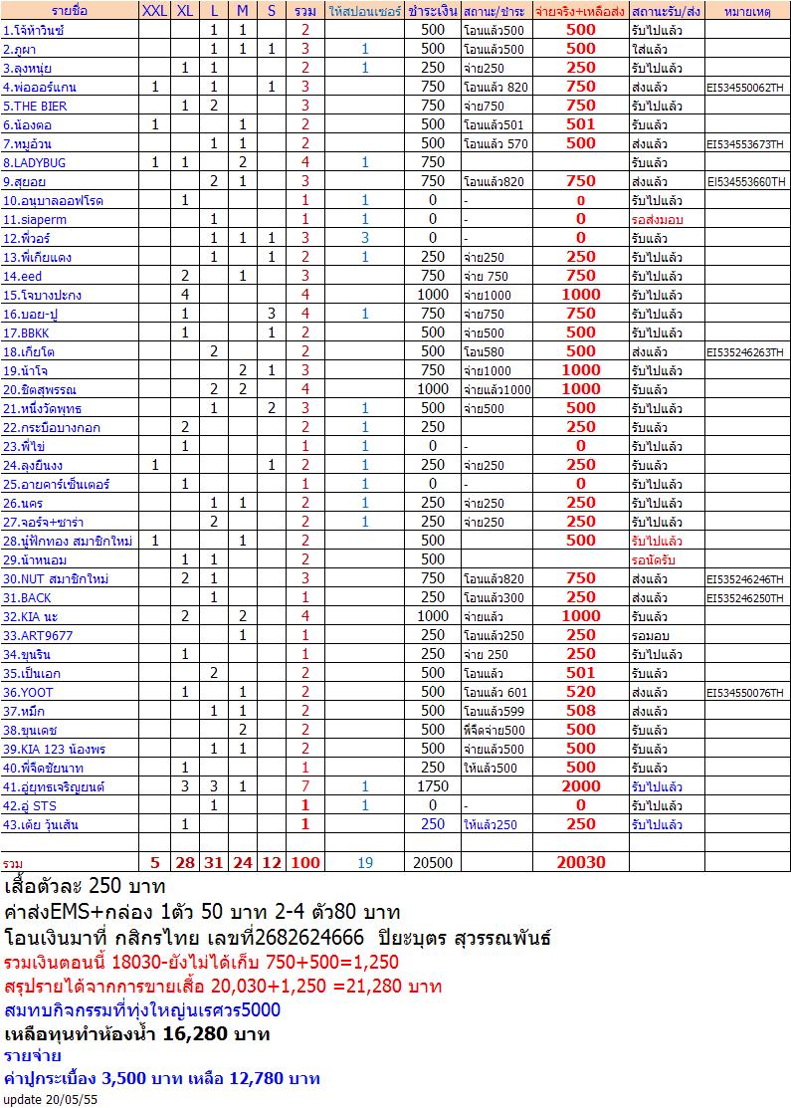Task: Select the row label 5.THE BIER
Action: (35, 106)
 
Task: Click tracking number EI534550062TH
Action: (746, 87)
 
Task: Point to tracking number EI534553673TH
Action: (746, 143)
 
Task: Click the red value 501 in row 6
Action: (580, 124)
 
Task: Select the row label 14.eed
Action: (23, 276)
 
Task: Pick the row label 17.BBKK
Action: (27, 332)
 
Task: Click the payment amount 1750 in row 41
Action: (433, 786)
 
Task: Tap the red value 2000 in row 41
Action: (580, 786)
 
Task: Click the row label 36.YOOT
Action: (27, 692)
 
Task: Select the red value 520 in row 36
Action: (580, 692)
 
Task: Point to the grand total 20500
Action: (433, 862)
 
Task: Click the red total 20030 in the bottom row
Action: (580, 862)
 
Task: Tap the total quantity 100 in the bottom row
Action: (305, 862)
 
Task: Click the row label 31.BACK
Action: (27, 597)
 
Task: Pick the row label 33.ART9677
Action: (38, 635)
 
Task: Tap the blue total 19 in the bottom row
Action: (365, 862)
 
